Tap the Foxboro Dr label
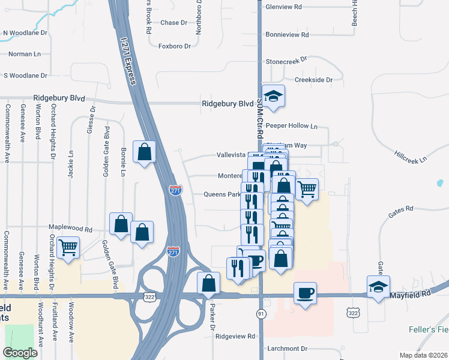tap(174, 46)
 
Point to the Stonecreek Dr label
tap(286, 61)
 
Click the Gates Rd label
tap(401, 209)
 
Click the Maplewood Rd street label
tap(71, 229)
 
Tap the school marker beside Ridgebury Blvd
tap(273, 97)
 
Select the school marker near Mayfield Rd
tap(379, 286)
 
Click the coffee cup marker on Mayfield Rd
tap(305, 293)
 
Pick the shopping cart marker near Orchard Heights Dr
tap(68, 245)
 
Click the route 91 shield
tap(261, 314)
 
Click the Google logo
tap(20, 353)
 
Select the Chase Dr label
tap(174, 23)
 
